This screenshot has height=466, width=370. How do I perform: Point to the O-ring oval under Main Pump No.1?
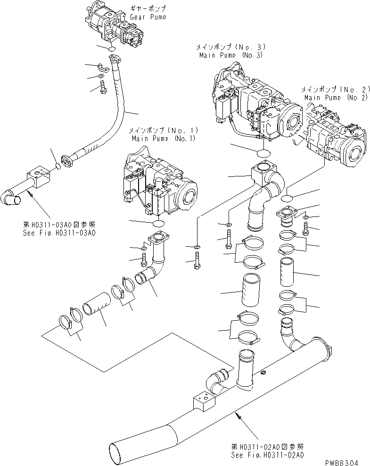(x=159, y=223)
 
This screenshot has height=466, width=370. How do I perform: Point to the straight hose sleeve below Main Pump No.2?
(x=288, y=272)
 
